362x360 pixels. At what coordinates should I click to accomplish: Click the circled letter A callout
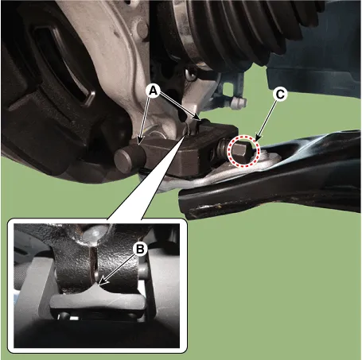tap(154, 91)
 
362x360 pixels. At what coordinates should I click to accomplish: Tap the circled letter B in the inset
tap(140, 249)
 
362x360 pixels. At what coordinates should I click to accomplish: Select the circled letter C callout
tap(280, 94)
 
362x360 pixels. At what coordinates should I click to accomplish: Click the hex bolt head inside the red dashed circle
tap(241, 151)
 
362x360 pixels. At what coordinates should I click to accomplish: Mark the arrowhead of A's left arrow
tap(140, 141)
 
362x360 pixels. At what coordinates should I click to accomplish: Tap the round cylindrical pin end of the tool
tap(130, 158)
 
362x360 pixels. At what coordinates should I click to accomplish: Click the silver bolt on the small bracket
tap(238, 103)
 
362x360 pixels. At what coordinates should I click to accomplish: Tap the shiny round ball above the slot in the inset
tap(95, 234)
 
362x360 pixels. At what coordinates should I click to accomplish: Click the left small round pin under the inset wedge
tap(64, 315)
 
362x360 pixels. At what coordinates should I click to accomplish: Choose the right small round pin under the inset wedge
tap(132, 315)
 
